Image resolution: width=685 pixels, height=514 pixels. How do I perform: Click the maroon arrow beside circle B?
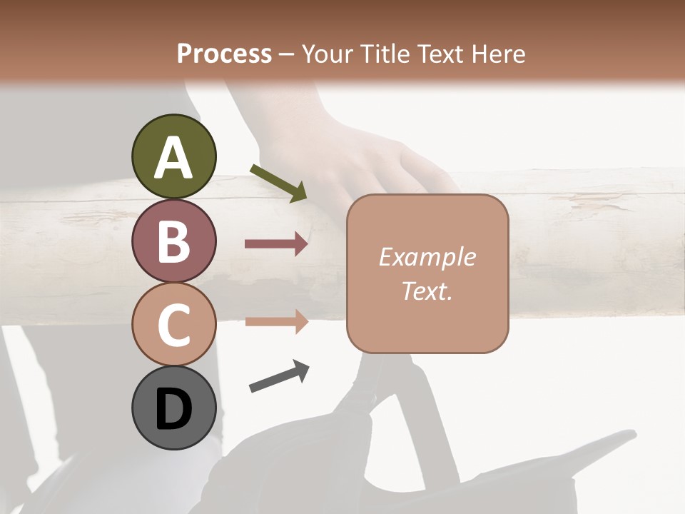click(x=276, y=244)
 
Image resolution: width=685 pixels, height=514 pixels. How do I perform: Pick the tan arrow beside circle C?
click(x=276, y=321)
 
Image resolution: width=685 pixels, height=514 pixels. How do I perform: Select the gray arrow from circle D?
click(x=279, y=376)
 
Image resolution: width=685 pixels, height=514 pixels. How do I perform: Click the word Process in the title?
click(x=224, y=54)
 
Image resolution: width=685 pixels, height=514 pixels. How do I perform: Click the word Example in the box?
click(x=427, y=257)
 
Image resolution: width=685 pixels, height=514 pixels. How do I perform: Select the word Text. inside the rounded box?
click(x=427, y=291)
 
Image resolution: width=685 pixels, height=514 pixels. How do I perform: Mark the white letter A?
click(x=173, y=158)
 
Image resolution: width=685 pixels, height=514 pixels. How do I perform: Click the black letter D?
click(x=173, y=410)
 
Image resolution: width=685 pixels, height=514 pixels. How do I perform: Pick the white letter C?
click(x=173, y=326)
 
